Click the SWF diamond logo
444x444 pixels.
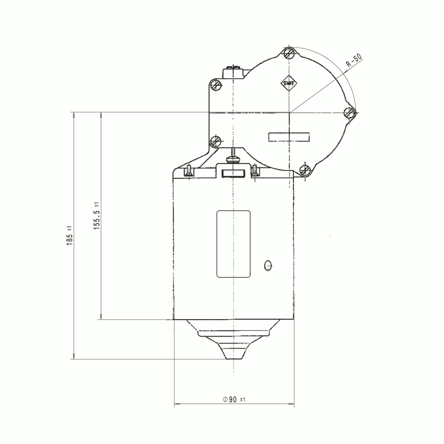pyautogui.click(x=289, y=83)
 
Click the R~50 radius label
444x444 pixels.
pyautogui.click(x=354, y=60)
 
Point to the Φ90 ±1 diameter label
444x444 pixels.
pyautogui.click(x=234, y=399)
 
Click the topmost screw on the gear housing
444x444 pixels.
pyautogui.click(x=289, y=53)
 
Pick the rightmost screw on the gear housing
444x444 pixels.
pyautogui.click(x=350, y=113)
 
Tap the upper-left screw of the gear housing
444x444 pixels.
pyautogui.click(x=216, y=84)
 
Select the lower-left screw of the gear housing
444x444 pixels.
pyautogui.click(x=216, y=140)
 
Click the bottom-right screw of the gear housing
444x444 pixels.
pyautogui.click(x=305, y=170)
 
